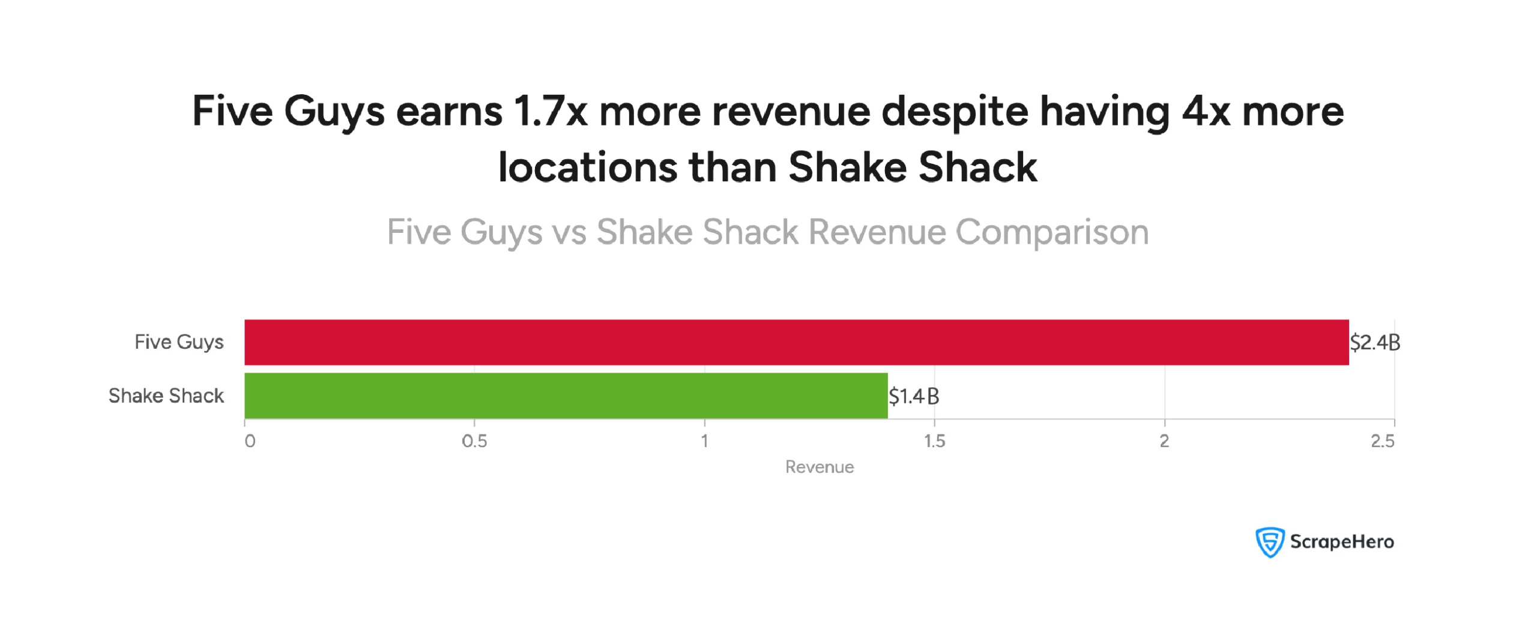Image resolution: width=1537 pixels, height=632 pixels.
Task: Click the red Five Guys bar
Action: [x=796, y=342]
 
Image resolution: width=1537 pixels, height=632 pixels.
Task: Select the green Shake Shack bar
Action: [x=566, y=396]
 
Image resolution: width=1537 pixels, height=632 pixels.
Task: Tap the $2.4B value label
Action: [x=1374, y=343]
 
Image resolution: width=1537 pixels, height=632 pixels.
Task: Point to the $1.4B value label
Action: [x=913, y=396]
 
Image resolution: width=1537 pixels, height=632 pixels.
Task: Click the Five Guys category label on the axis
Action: [x=179, y=342]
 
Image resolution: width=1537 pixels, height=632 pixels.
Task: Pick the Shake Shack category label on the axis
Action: [x=166, y=396]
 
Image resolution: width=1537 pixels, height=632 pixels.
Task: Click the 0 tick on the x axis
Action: [x=250, y=442]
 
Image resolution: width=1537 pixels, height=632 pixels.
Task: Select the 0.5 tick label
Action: [x=474, y=442]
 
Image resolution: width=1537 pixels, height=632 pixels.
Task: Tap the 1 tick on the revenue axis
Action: [x=704, y=442]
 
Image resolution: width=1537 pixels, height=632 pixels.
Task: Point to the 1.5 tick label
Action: [x=934, y=442]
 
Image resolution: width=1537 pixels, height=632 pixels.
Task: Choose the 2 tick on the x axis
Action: [x=1164, y=442]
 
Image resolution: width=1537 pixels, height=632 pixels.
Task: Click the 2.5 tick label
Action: [x=1382, y=442]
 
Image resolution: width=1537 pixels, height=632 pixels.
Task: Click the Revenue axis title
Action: [x=819, y=467]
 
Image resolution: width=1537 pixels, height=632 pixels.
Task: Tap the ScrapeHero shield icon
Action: [x=1270, y=542]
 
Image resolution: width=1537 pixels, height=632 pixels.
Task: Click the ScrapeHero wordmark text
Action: [x=1342, y=542]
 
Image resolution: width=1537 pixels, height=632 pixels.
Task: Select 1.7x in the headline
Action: [x=551, y=112]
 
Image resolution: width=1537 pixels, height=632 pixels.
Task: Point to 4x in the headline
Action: [x=1206, y=112]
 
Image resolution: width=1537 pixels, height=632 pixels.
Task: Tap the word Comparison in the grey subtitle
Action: [x=1052, y=232]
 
